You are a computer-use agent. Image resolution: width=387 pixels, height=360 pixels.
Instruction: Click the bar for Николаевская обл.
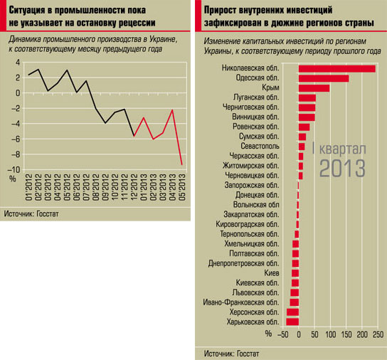(x=337, y=68)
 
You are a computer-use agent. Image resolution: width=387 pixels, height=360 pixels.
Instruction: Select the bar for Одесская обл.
(x=324, y=78)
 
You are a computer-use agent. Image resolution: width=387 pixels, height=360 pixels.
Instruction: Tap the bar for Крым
(x=314, y=88)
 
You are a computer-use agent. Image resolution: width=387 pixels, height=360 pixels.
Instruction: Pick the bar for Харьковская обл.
(x=292, y=322)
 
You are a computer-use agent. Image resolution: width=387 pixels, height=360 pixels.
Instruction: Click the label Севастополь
(x=260, y=146)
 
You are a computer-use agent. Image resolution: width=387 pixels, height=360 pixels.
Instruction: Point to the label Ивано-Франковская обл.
(x=241, y=302)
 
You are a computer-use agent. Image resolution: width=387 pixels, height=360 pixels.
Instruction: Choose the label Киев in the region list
(x=272, y=273)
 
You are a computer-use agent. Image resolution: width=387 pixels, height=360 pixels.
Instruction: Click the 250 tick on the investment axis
(x=378, y=334)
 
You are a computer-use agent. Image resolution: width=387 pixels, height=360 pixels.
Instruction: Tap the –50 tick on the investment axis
(x=283, y=334)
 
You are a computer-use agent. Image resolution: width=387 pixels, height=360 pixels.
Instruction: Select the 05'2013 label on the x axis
(x=182, y=186)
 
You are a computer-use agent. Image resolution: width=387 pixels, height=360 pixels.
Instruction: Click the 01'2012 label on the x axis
(x=28, y=186)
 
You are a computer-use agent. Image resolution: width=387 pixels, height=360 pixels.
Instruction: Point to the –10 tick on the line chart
(x=14, y=170)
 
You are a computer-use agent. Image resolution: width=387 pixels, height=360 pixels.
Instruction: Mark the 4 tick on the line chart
(x=18, y=62)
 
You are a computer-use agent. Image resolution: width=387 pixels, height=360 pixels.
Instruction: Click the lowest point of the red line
(x=182, y=164)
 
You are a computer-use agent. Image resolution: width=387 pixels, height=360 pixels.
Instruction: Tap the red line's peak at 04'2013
(x=172, y=110)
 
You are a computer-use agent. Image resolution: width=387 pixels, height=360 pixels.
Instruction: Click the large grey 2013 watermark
(x=342, y=169)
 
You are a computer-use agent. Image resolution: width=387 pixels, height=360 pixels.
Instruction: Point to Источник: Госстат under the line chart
(x=31, y=213)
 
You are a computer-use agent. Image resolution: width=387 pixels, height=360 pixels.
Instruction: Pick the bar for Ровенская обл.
(x=304, y=127)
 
